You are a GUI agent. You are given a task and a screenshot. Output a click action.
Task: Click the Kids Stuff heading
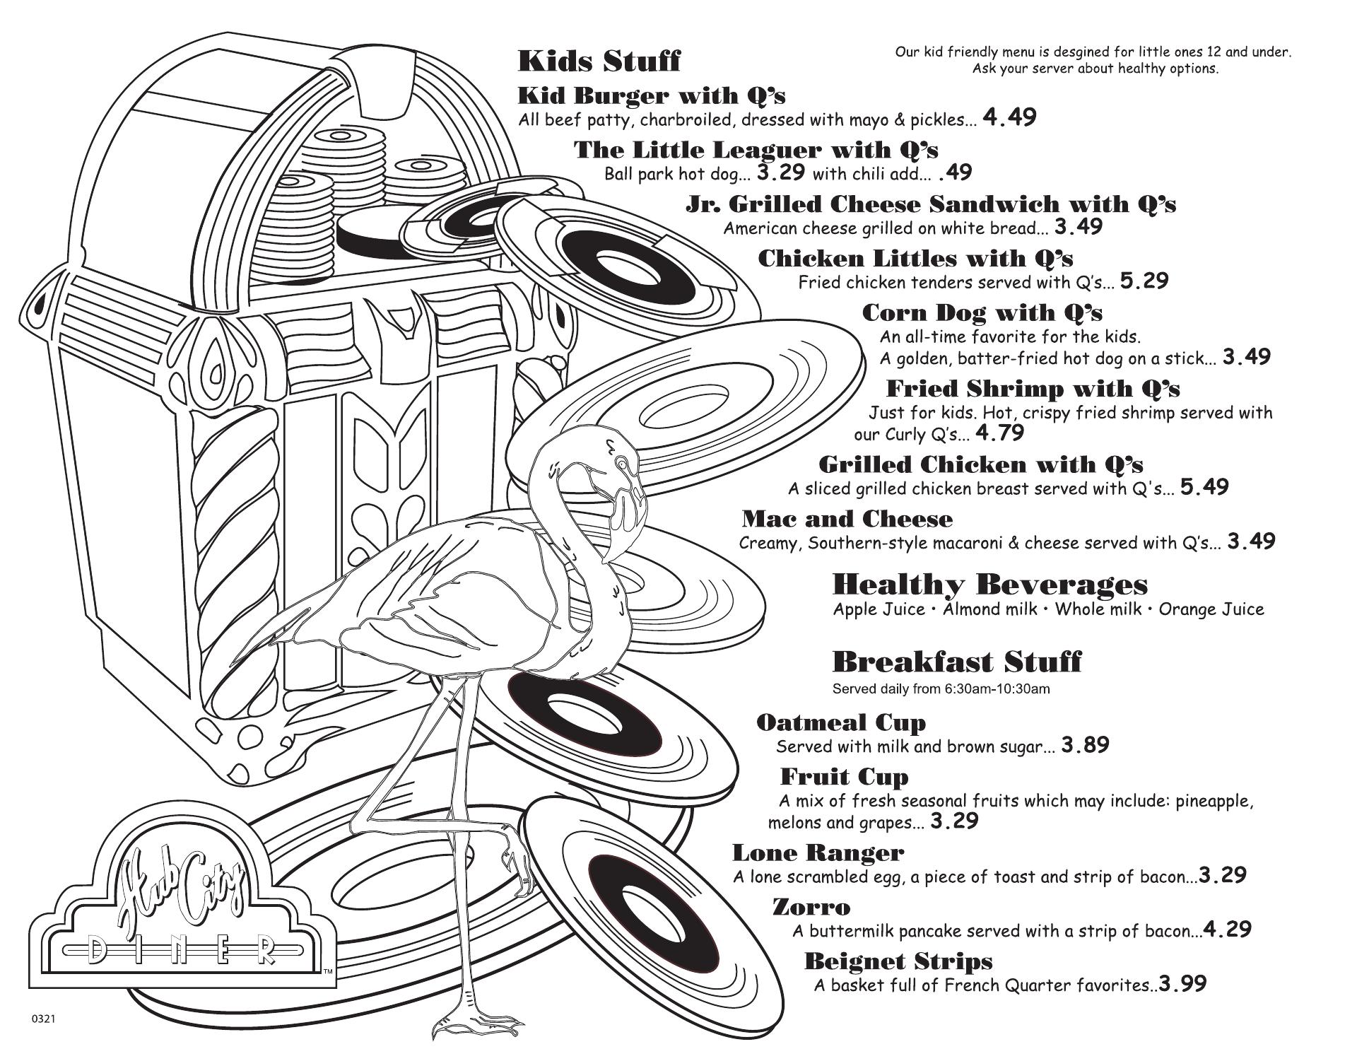pos(599,61)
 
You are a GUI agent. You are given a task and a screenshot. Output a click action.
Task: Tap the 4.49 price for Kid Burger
pos(1009,117)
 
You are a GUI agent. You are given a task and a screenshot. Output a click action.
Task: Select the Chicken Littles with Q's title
pos(915,259)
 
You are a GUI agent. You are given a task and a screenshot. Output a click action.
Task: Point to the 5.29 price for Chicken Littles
pos(1144,281)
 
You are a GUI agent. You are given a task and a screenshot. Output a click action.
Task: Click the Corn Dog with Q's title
pos(982,312)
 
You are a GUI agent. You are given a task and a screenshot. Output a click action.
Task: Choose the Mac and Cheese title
pos(847,520)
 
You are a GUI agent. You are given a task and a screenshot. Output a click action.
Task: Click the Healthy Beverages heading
pos(990,585)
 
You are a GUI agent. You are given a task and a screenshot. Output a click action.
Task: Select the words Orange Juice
pos(1211,609)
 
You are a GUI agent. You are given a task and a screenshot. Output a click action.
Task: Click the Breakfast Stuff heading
pos(957,662)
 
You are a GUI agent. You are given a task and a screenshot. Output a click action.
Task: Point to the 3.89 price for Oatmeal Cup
pos(1085,745)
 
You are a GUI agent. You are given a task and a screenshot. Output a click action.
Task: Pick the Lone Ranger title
pos(818,853)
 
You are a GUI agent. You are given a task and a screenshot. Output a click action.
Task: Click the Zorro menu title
pos(811,907)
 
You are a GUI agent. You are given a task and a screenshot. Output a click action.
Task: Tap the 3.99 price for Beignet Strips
pos(1182,984)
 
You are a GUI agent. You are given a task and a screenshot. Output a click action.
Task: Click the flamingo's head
pos(622,470)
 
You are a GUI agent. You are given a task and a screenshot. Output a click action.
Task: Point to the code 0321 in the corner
pos(44,1019)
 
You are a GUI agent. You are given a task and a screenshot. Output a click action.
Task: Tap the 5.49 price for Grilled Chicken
pos(1204,487)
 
